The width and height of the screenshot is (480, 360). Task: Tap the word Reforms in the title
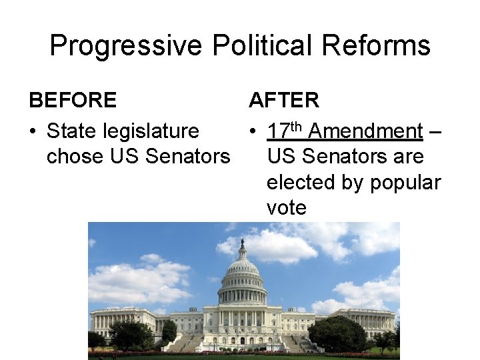pos(378,46)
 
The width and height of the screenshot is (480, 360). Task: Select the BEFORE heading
pos(73,101)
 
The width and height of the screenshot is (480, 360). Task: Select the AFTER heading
pos(284,101)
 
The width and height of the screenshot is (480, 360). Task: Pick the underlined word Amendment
pos(366,132)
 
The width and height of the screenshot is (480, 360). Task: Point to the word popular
pos(409,183)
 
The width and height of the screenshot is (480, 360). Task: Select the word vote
pos(287,207)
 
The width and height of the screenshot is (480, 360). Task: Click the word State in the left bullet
pos(73,132)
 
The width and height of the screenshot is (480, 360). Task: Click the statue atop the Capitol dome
pos(243,244)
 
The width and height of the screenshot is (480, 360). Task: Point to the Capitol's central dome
pos(243,273)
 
